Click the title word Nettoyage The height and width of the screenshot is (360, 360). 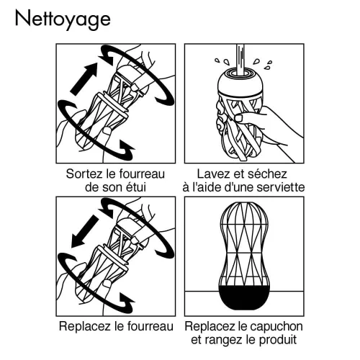tap(62, 19)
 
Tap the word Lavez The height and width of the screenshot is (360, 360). tap(214, 174)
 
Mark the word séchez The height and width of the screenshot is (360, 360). tap(269, 174)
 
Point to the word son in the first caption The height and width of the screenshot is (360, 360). tap(115, 187)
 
